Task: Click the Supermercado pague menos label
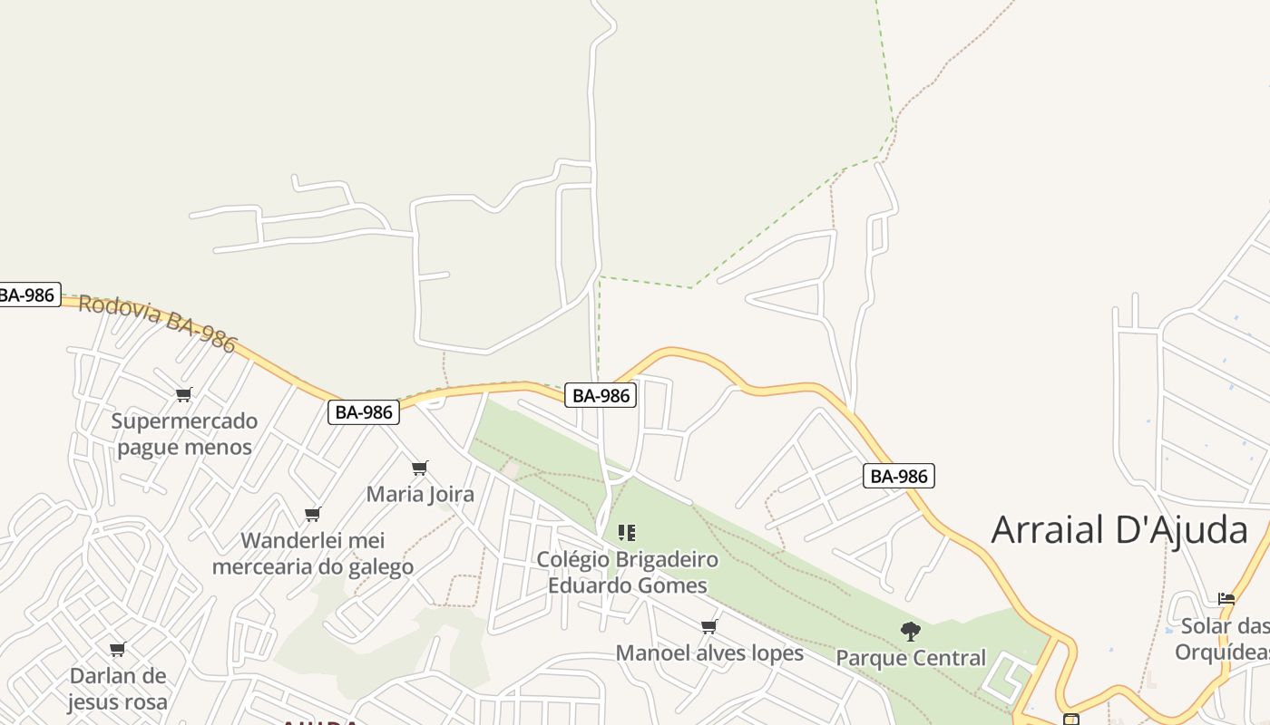coord(184,434)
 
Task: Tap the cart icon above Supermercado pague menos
coord(184,394)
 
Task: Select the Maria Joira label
coord(420,495)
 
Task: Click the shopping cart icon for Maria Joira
coord(419,469)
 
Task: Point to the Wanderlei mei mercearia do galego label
coord(313,554)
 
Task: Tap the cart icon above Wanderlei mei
coord(313,515)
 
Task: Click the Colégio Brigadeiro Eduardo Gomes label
coord(627,573)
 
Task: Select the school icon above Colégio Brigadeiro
coord(627,533)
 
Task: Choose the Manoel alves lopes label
coord(709,653)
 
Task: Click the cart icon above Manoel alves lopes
coord(709,627)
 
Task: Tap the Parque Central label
coord(911,658)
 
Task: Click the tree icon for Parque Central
coord(911,631)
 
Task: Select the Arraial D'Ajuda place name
coord(1119,529)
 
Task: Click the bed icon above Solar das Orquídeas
coord(1226,599)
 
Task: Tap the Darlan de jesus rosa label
coord(118,689)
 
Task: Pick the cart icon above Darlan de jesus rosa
coord(117,649)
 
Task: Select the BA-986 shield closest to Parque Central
coord(898,476)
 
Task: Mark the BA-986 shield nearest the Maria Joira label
coord(364,412)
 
